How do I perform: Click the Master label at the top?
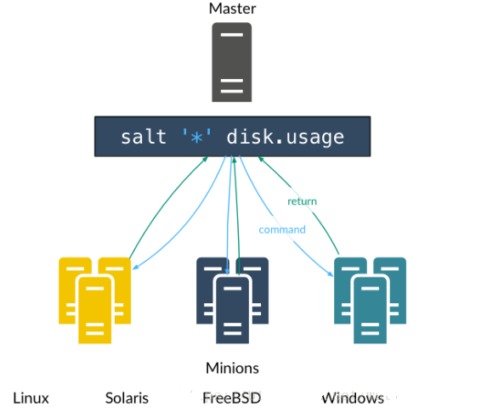tap(232, 8)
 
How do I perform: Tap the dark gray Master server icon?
tap(232, 62)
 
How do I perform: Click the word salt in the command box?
tap(144, 137)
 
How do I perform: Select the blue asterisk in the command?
tap(196, 137)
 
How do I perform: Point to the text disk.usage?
tap(285, 138)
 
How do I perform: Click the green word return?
tap(303, 201)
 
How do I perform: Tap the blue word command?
tap(282, 229)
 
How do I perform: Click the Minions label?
tap(232, 368)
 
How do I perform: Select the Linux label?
tap(31, 398)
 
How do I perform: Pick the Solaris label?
tap(127, 398)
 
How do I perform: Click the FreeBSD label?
tap(232, 398)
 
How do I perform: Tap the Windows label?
tap(353, 398)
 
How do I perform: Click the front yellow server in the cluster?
tap(94, 310)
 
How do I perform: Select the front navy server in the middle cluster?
tap(232, 310)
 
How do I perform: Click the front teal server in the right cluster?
tap(370, 310)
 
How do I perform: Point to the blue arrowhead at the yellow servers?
tap(135, 267)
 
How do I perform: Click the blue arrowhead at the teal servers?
tap(330, 274)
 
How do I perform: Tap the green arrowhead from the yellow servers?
tap(206, 159)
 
